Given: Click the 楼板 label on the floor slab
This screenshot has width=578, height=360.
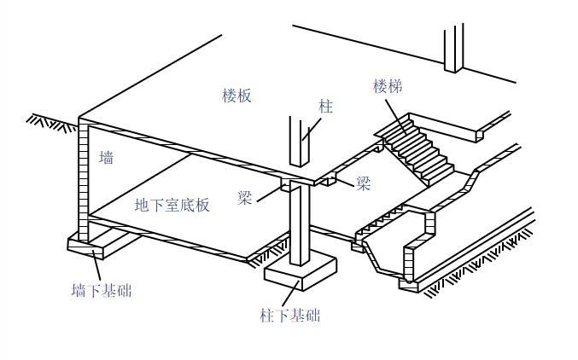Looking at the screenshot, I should (x=236, y=95).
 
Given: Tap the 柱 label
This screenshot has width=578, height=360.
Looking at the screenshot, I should (x=325, y=107).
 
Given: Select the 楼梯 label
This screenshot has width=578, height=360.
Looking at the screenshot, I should (x=387, y=86).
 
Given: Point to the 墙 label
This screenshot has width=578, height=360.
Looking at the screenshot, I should (x=106, y=158).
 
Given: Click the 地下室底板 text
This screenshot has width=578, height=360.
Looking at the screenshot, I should (x=172, y=205).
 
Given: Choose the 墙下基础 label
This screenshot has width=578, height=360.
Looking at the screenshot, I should (x=101, y=290).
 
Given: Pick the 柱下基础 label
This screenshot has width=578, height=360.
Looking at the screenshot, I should (x=289, y=316).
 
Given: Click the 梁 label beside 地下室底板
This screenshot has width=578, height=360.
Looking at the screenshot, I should (x=246, y=199).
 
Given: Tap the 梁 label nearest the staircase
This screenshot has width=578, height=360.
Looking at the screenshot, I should (x=364, y=183).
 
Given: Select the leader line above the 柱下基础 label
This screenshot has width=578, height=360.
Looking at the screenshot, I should (x=295, y=294).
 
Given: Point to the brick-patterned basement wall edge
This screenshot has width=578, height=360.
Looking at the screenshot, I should (x=83, y=179).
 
